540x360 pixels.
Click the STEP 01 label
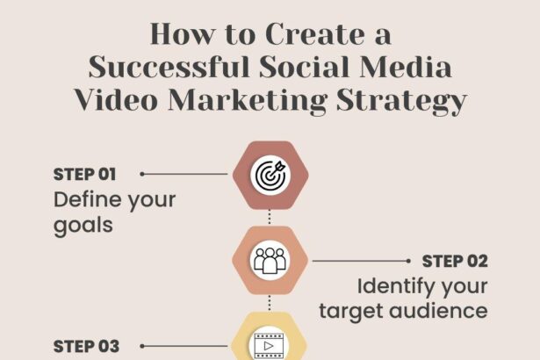pyautogui.click(x=85, y=174)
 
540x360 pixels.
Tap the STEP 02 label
pyautogui.click(x=455, y=261)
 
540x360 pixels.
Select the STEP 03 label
pyautogui.click(x=85, y=346)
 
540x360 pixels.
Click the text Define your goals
pyautogui.click(x=114, y=212)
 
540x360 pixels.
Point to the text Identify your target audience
pyautogui.click(x=403, y=299)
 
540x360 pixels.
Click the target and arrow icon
pyautogui.click(x=270, y=174)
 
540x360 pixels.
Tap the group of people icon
pyautogui.click(x=270, y=260)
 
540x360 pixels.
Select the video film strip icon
pyautogui.click(x=270, y=344)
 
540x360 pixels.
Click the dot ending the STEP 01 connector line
pyautogui.click(x=142, y=174)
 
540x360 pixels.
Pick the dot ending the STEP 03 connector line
pyautogui.click(x=142, y=346)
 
